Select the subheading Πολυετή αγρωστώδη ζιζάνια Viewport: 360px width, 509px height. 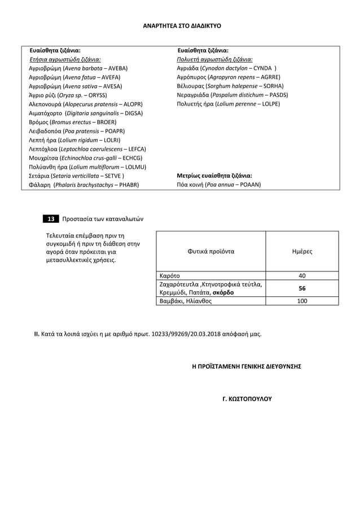214,59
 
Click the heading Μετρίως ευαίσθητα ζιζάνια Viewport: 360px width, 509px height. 214,175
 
